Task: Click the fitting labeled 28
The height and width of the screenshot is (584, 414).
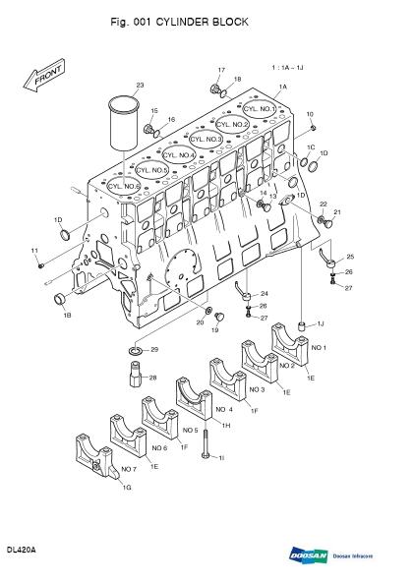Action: click(131, 379)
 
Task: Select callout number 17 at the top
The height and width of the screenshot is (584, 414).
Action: click(221, 70)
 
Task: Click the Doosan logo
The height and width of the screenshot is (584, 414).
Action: click(308, 554)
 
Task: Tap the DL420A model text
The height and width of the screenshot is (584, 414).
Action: click(21, 550)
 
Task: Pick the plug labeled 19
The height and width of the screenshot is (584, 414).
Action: click(219, 317)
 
